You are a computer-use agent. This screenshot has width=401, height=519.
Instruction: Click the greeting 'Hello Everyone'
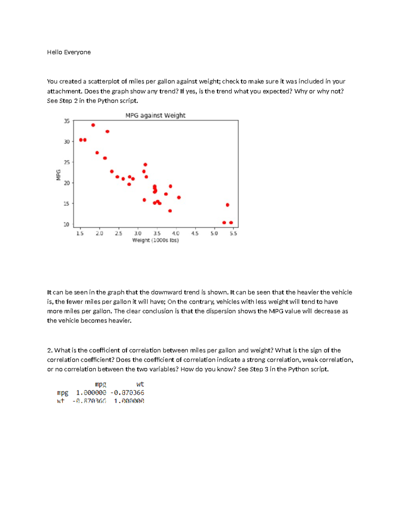click(x=69, y=52)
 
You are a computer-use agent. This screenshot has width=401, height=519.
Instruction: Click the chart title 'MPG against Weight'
click(x=155, y=115)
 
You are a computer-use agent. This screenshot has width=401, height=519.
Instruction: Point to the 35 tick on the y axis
click(x=67, y=121)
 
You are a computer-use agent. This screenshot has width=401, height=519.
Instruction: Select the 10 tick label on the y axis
click(x=67, y=224)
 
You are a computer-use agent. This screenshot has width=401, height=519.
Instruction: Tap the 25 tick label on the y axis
click(x=67, y=162)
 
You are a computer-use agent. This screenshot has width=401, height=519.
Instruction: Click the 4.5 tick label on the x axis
click(x=195, y=233)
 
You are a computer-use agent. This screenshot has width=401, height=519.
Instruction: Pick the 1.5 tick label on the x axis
click(x=80, y=233)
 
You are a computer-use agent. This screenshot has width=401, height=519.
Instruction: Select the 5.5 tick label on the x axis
click(x=233, y=233)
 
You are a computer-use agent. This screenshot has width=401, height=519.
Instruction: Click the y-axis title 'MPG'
click(x=58, y=175)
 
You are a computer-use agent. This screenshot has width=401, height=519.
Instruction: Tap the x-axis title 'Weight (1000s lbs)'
click(x=155, y=240)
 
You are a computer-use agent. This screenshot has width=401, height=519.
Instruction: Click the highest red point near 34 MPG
click(x=93, y=125)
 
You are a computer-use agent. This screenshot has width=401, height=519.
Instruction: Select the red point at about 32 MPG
click(x=107, y=132)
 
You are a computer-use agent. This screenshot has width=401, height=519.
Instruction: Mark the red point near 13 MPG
click(x=170, y=211)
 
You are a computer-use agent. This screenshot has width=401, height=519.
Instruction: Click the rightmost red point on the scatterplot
click(x=231, y=223)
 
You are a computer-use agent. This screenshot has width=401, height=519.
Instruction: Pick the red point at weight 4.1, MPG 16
click(x=179, y=198)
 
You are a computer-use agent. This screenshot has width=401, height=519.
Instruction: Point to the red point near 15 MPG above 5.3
click(x=228, y=205)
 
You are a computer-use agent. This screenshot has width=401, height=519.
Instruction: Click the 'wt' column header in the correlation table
click(x=140, y=384)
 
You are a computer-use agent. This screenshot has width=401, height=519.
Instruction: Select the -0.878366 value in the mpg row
click(x=127, y=393)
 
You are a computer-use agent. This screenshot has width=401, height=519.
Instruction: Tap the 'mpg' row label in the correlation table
click(x=62, y=393)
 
